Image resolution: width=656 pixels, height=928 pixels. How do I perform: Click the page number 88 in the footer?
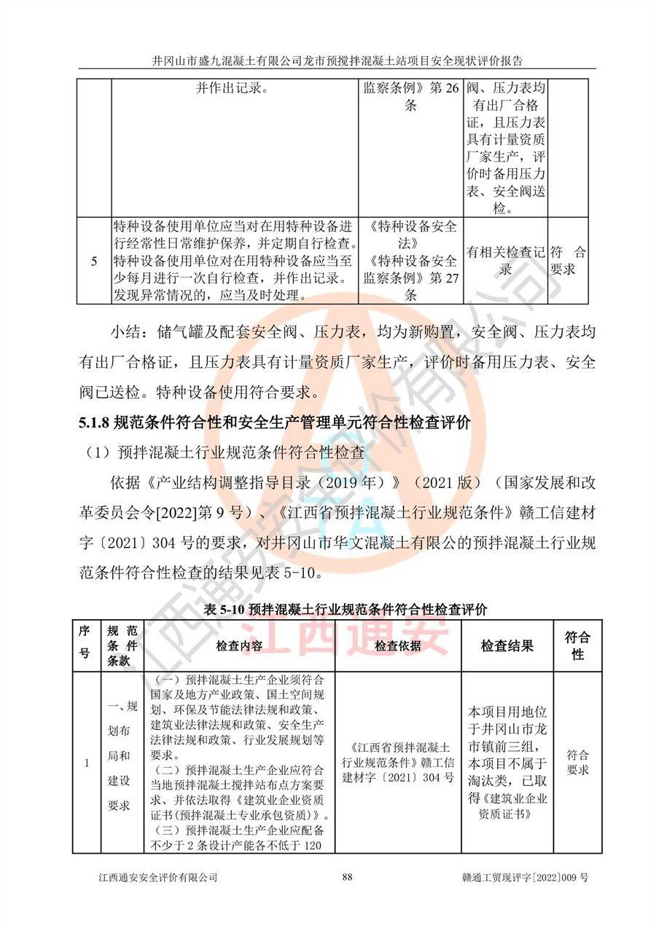tap(347, 877)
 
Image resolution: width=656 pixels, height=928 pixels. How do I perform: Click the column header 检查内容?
tap(238, 645)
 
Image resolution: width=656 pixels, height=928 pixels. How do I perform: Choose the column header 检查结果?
tap(507, 645)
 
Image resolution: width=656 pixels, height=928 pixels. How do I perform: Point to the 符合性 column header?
tap(577, 645)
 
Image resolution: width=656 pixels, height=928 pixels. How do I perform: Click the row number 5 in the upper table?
tap(95, 261)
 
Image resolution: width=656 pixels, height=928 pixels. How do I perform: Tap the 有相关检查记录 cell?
tap(506, 261)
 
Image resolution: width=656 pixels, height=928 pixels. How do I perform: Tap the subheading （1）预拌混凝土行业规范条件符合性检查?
tap(225, 451)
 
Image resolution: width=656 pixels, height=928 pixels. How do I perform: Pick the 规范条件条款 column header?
tap(121, 645)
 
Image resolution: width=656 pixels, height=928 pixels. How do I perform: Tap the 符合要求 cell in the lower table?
tap(577, 763)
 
